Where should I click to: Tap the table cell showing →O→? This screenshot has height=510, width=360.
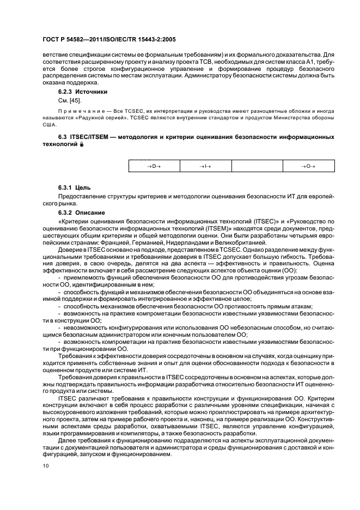tap(308, 166)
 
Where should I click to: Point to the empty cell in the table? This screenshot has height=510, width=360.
tap(257, 166)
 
